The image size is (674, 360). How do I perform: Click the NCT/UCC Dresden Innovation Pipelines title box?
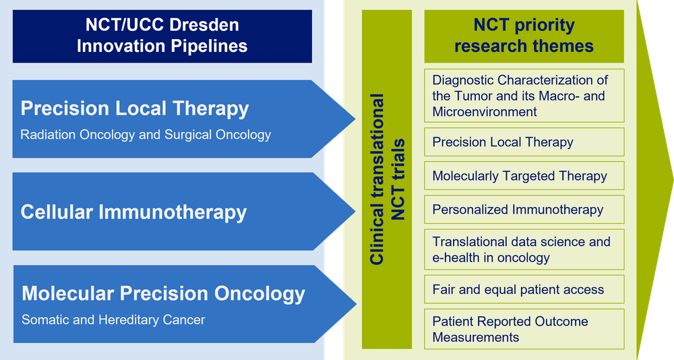click(x=162, y=36)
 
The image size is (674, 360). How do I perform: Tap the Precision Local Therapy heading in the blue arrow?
click(x=135, y=109)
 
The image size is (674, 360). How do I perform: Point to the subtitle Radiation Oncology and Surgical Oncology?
click(x=146, y=135)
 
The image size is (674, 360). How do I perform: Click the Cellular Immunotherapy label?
click(x=133, y=212)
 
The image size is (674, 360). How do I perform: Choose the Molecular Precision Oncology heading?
click(x=163, y=294)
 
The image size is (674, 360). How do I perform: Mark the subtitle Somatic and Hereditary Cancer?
click(x=113, y=320)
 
